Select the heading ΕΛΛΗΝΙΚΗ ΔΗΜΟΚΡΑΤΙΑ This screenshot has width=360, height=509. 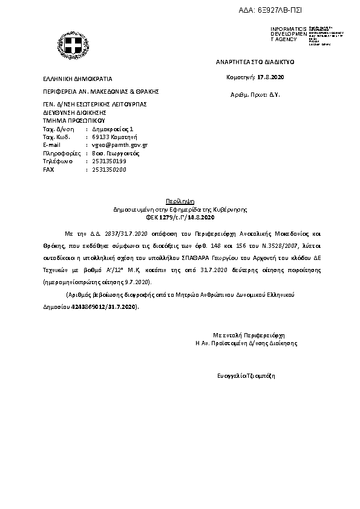coord(77,79)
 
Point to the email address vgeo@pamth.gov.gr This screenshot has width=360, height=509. coord(120,146)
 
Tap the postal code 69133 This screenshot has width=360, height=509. coord(100,137)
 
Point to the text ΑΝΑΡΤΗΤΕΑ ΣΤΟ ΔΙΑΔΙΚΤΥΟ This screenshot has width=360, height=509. coord(254,62)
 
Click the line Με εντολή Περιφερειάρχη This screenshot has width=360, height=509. coord(248,334)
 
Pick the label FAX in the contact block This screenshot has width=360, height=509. coord(48,170)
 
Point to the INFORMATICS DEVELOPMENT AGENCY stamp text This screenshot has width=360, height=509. coord(289,34)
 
